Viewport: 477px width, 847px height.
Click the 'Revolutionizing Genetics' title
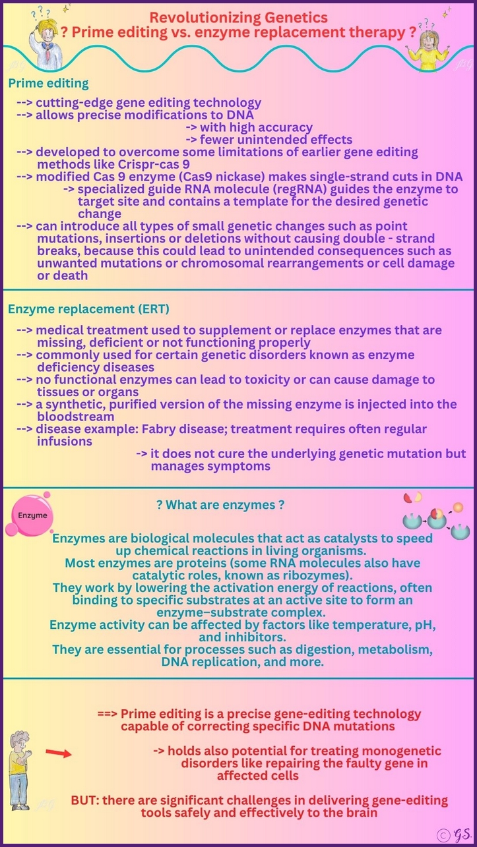tap(238, 17)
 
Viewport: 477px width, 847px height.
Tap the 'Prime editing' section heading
tap(48, 84)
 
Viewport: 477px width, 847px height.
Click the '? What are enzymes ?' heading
tap(220, 505)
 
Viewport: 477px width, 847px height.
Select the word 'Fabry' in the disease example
tap(164, 429)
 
